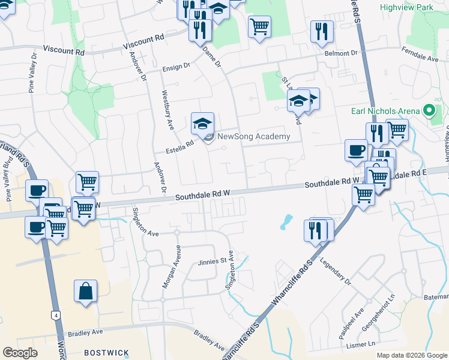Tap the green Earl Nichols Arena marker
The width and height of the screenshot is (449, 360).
[x=429, y=111]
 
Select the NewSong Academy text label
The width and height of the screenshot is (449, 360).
[x=253, y=136]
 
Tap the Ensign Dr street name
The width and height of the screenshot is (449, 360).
[x=176, y=67]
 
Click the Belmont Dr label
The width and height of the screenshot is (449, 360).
[x=341, y=53]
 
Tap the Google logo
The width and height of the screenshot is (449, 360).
[x=20, y=353]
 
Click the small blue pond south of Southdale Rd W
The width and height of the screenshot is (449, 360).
[x=286, y=223]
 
